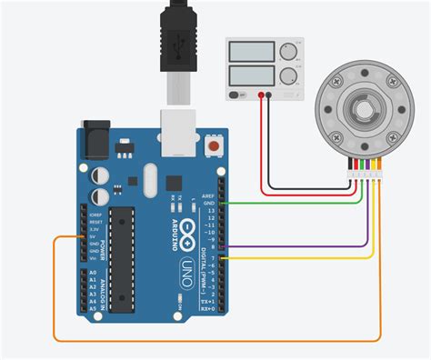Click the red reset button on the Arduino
coord(215,144)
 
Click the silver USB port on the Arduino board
coord(176,128)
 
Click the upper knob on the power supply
coord(291,51)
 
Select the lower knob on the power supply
coord(291,76)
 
